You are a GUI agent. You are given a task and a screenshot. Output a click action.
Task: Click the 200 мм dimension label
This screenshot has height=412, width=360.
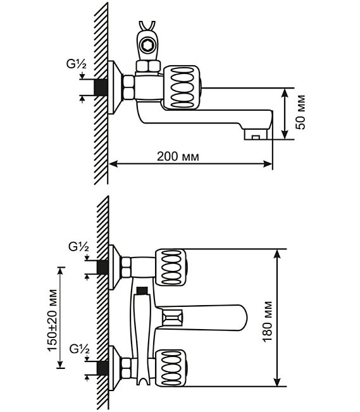[x=178, y=156]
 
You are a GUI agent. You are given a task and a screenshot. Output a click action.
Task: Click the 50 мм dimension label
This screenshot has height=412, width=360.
[x=301, y=112]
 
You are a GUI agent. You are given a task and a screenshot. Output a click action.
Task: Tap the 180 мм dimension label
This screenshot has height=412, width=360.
[x=267, y=321]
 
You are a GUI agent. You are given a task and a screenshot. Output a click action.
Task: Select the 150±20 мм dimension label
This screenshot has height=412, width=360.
[x=52, y=320]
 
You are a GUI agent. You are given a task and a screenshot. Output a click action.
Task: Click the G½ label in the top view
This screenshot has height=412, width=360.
[x=76, y=64]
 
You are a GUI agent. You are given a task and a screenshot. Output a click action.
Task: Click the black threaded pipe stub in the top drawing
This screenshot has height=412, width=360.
[x=101, y=87]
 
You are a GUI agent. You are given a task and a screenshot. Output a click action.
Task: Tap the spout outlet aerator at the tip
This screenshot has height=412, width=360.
[x=256, y=134]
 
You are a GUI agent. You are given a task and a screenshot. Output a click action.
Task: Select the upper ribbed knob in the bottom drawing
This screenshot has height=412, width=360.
[x=171, y=268]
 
